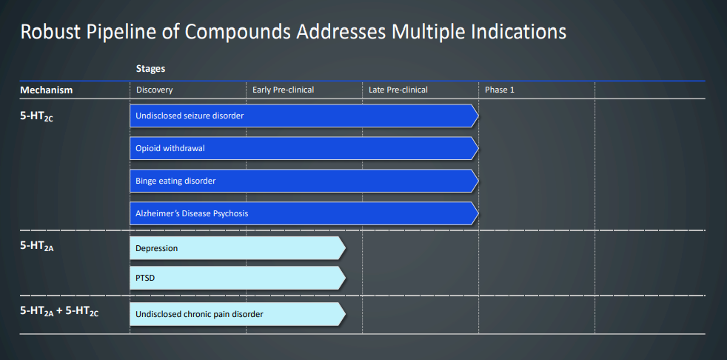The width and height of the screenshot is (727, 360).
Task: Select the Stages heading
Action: (x=151, y=69)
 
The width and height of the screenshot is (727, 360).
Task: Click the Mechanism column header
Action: (x=47, y=90)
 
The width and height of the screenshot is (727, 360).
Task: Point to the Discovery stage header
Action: (x=155, y=90)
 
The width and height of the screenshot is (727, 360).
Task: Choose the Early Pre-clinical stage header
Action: (x=284, y=90)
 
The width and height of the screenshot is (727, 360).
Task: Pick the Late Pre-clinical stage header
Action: (x=398, y=90)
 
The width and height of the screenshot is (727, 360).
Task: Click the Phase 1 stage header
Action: (x=500, y=90)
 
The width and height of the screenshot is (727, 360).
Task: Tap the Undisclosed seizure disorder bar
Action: (x=304, y=116)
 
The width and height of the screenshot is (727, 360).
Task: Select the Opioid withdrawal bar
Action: (x=304, y=148)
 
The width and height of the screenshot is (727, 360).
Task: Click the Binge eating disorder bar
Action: (x=304, y=181)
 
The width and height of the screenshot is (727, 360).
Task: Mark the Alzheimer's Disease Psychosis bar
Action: (x=304, y=213)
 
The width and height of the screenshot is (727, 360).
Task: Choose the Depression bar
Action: (x=238, y=248)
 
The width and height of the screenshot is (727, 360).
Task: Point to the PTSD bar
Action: (x=238, y=278)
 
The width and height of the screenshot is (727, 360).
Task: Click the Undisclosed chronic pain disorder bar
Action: (x=238, y=314)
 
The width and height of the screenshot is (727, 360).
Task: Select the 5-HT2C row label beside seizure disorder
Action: (x=36, y=117)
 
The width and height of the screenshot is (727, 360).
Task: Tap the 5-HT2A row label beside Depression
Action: (x=36, y=247)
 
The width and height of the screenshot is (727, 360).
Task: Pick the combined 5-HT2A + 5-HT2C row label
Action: (x=59, y=312)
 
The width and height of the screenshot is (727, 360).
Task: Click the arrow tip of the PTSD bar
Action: (x=346, y=278)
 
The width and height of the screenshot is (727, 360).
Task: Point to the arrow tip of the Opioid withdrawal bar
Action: (x=478, y=148)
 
